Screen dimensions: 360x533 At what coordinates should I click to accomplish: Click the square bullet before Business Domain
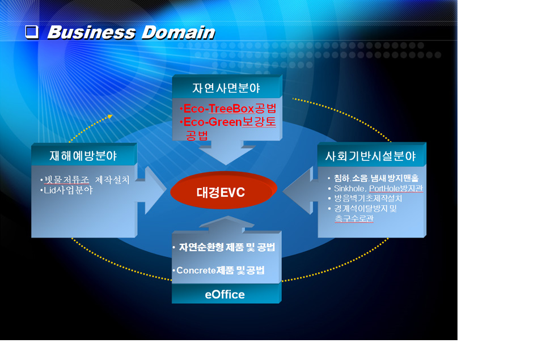(32, 32)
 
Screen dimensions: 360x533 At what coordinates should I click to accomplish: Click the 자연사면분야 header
(226, 88)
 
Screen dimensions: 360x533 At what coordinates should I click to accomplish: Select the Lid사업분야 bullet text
(68, 190)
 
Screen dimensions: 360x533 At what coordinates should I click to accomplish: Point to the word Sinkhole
(349, 188)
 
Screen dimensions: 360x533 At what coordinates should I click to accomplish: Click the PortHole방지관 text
(396, 188)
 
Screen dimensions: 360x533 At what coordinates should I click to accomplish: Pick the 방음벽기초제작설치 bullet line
(368, 198)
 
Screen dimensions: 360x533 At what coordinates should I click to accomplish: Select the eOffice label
(225, 294)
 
